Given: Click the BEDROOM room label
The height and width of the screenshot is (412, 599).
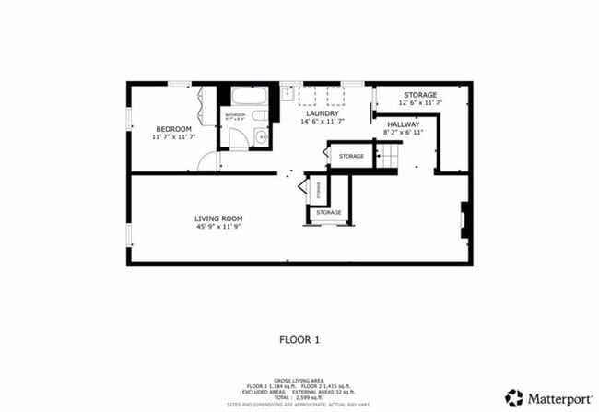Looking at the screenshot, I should (173, 128).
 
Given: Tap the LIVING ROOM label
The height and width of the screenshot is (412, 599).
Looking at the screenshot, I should (218, 218).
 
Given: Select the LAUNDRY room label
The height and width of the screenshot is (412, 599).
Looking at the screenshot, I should (322, 113).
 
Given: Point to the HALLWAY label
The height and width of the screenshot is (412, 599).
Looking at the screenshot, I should (404, 124).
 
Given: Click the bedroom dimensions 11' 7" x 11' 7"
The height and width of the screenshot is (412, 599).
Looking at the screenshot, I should (173, 137).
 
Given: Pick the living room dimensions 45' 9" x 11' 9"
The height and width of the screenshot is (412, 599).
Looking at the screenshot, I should (218, 228).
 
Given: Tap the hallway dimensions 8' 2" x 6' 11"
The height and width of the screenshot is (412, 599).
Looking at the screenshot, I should (404, 133).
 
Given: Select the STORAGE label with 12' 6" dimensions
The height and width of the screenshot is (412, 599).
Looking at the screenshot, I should (420, 94).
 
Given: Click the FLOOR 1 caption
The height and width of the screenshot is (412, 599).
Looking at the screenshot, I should (299, 339).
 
